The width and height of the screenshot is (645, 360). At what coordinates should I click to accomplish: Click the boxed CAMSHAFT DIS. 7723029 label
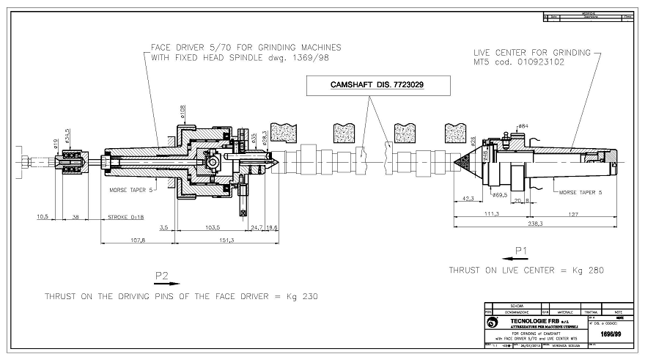[x=369, y=86]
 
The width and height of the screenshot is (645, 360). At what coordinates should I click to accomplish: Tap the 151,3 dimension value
[x=225, y=239]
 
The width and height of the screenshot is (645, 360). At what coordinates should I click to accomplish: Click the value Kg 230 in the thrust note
[x=303, y=296]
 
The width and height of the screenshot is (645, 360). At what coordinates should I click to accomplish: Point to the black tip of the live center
[x=462, y=159]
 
